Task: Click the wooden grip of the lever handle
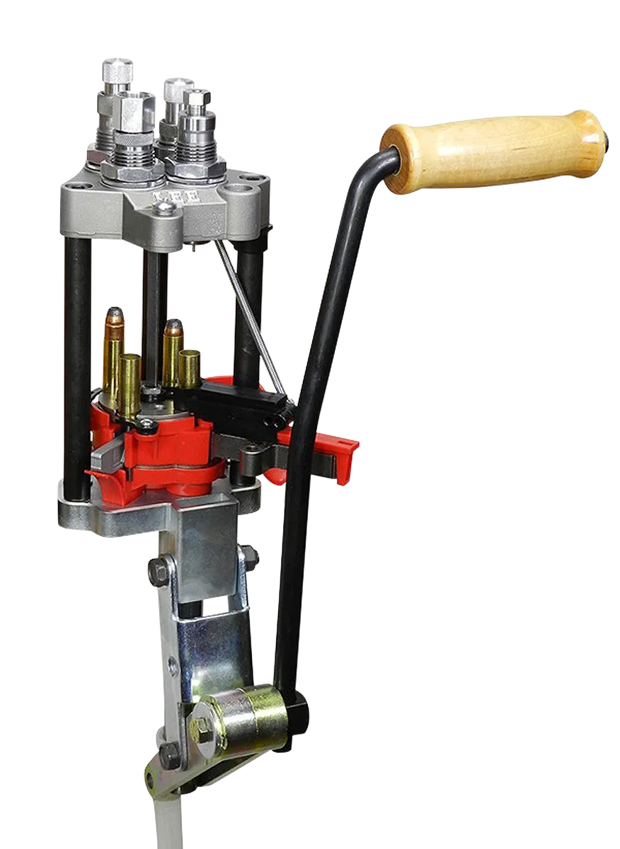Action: tap(494, 151)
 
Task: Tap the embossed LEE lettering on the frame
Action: tap(176, 197)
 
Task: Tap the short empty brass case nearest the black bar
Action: tap(190, 365)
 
